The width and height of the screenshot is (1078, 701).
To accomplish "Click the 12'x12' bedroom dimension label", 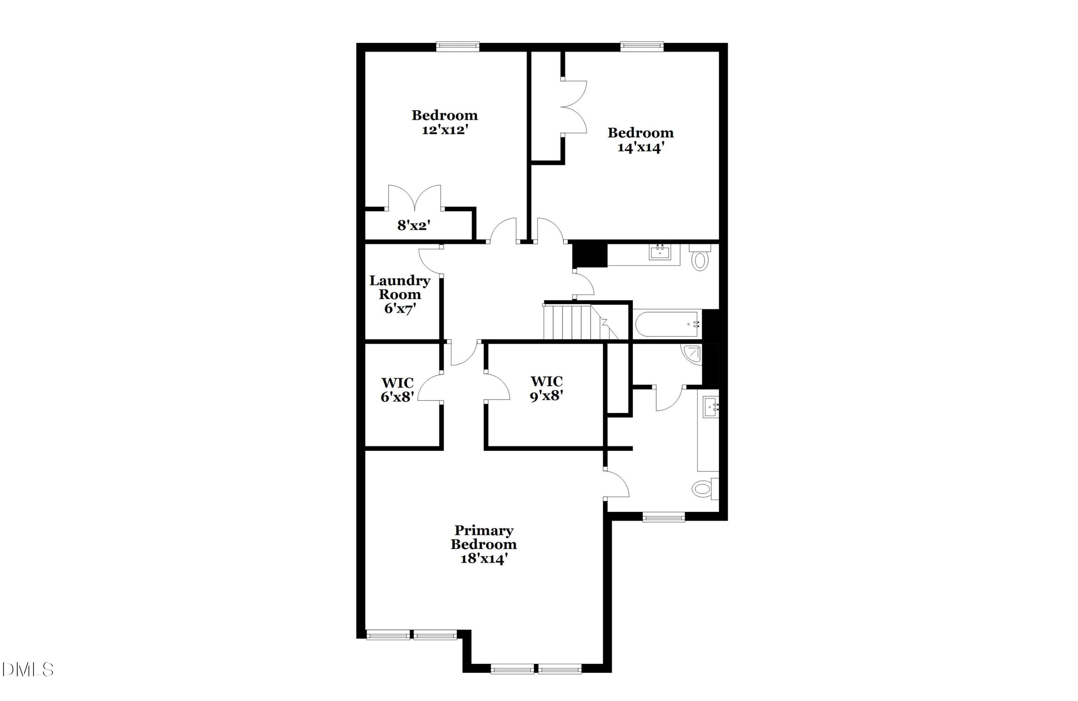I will (x=444, y=130).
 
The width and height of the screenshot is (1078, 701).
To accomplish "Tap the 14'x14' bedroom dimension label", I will (x=640, y=148).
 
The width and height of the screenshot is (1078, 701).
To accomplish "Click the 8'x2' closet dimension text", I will (x=414, y=225).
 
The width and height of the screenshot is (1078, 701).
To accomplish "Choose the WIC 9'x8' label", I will (x=547, y=389).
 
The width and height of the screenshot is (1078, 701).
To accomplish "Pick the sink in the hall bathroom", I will (x=659, y=253).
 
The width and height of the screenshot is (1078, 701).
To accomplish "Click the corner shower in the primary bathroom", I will (x=692, y=354).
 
